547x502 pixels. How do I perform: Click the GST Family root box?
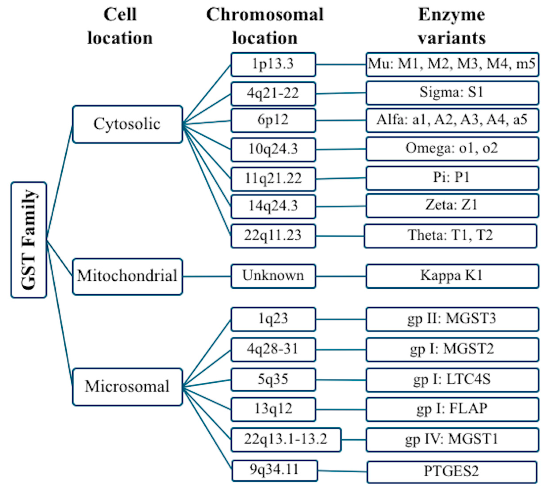coord(28,240)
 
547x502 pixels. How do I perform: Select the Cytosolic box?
coord(127,124)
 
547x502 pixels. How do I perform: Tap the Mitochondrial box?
coord(127,276)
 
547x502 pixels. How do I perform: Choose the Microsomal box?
coord(127,387)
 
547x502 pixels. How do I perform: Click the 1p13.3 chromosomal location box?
coord(273,64)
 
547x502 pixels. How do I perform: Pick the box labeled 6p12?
coord(273,120)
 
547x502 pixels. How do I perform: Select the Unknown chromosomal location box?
coord(273,276)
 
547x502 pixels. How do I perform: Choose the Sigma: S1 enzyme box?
coord(452,93)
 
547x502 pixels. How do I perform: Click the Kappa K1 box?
coord(452,276)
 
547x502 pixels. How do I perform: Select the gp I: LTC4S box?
coord(452,380)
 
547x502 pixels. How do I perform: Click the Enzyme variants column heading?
coord(451,26)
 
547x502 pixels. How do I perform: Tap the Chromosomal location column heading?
coord(265,26)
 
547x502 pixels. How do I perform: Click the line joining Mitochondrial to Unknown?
coord(206,276)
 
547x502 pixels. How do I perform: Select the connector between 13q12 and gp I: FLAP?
coord(341,409)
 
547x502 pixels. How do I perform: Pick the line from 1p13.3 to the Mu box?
coord(341,64)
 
